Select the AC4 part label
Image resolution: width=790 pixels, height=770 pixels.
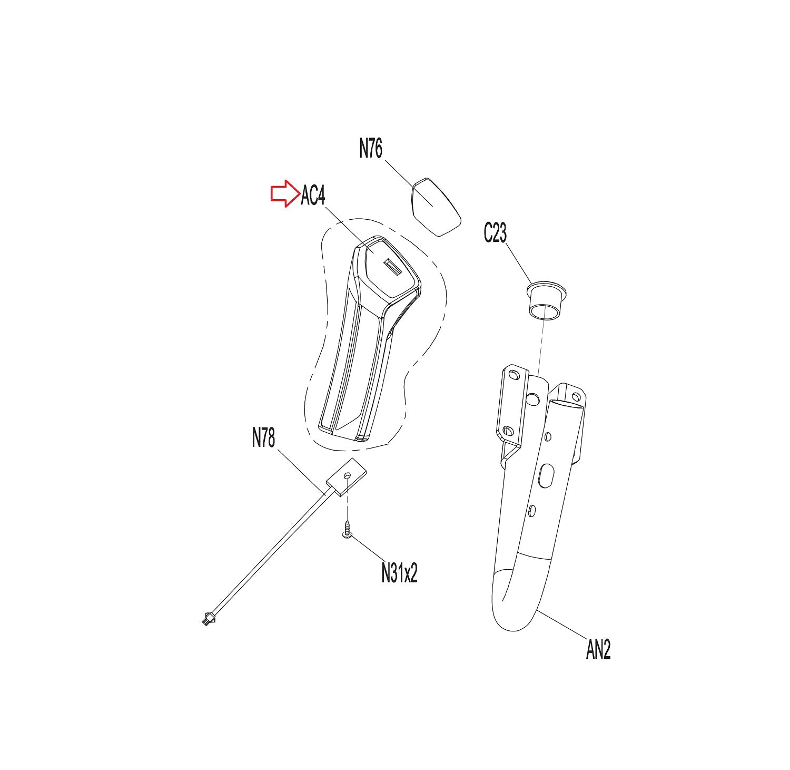313,196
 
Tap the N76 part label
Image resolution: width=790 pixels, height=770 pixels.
371,149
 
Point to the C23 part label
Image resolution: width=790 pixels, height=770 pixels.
495,232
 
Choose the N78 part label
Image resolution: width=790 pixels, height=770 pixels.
264,437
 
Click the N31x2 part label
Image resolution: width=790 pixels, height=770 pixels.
399,572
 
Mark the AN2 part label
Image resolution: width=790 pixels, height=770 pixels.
598,649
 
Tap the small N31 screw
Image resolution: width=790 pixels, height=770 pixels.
347,530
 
